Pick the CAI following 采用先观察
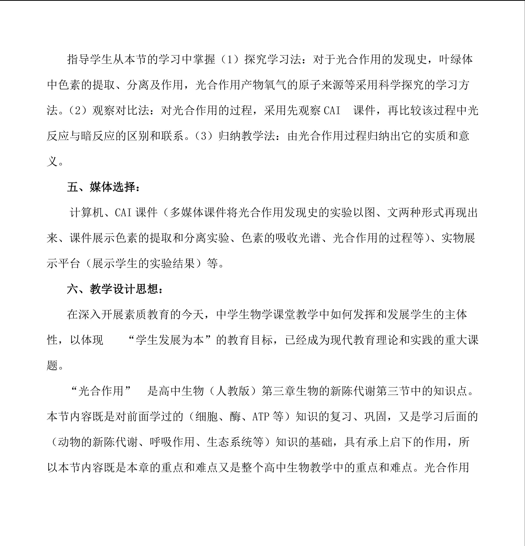click(x=332, y=111)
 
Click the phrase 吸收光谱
click(x=298, y=238)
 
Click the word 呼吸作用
click(x=172, y=442)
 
